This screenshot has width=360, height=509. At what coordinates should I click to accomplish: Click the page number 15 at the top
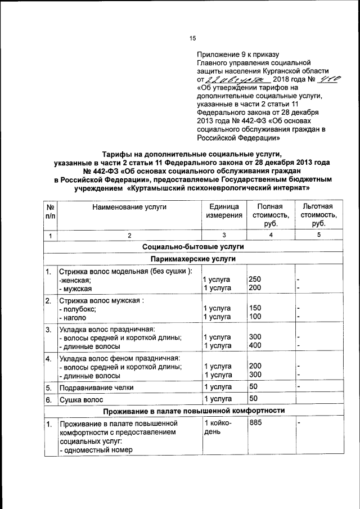click(x=192, y=38)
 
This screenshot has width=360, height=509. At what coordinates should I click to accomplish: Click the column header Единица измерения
click(x=223, y=211)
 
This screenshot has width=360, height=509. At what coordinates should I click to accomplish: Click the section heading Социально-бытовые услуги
click(x=192, y=246)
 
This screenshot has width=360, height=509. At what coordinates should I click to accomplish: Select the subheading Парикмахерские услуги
click(x=192, y=259)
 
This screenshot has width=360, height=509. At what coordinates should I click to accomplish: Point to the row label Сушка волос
click(x=83, y=400)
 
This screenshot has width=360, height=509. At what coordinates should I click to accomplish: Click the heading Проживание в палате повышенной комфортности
click(x=192, y=411)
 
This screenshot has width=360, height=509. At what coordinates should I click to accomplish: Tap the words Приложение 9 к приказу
click(x=238, y=55)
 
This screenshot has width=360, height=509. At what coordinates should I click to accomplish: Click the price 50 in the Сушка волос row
click(x=253, y=399)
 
